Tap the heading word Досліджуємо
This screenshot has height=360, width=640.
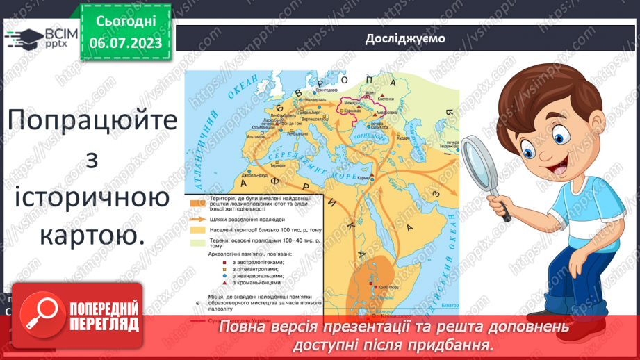point(405,38)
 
